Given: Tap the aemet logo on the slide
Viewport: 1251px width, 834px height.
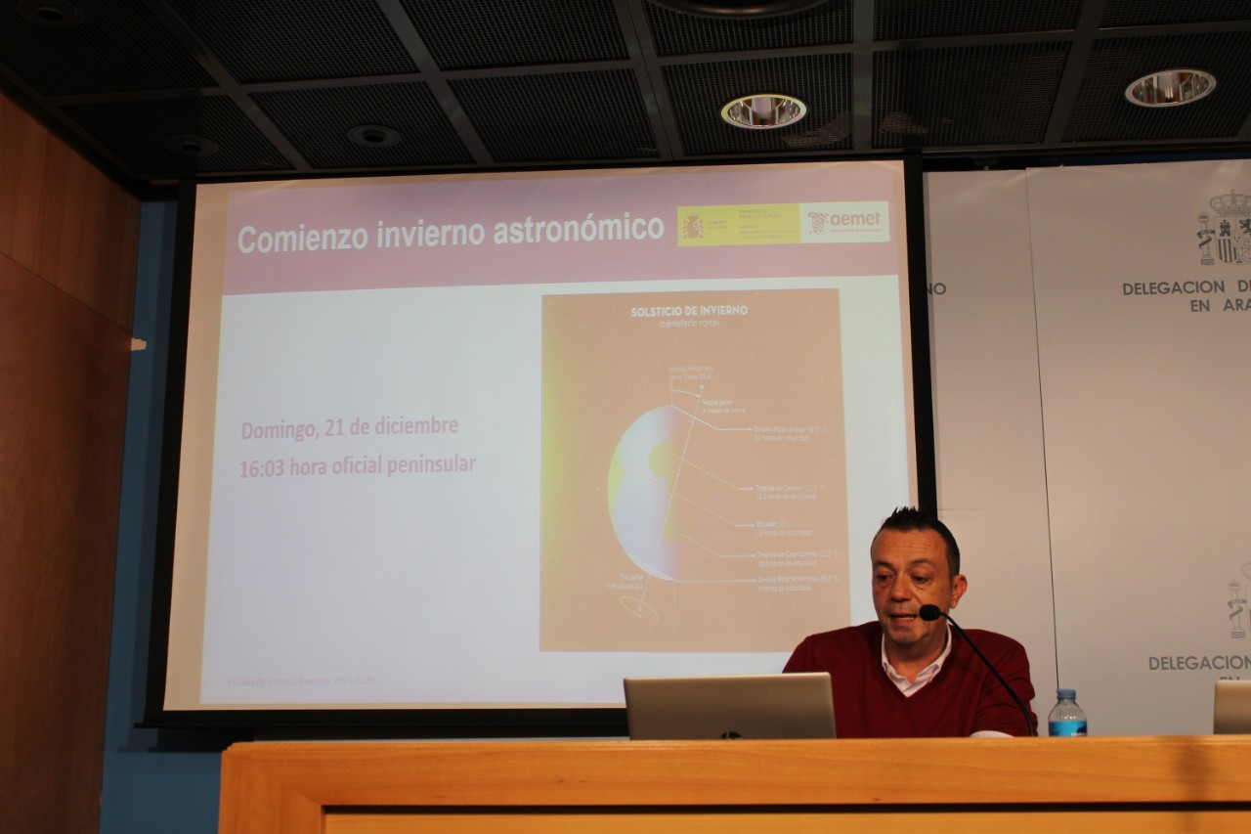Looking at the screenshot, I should pyautogui.click(x=844, y=222).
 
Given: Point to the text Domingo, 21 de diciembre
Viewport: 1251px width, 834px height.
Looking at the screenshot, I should pyautogui.click(x=349, y=428).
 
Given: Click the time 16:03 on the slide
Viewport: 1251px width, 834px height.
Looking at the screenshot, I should pyautogui.click(x=261, y=468).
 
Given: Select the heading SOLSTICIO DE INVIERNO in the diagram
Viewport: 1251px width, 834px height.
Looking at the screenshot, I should pyautogui.click(x=689, y=310).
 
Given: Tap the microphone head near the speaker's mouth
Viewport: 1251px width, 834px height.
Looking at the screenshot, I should pyautogui.click(x=929, y=613).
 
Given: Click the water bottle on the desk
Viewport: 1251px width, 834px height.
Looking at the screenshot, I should pyautogui.click(x=1066, y=715).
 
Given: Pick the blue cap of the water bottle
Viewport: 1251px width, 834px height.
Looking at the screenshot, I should pyautogui.click(x=1065, y=693).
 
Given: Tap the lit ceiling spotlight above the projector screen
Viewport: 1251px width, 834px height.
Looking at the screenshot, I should pyautogui.click(x=763, y=110).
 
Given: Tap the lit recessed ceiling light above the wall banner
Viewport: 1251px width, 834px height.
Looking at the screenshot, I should pyautogui.click(x=1170, y=88).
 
